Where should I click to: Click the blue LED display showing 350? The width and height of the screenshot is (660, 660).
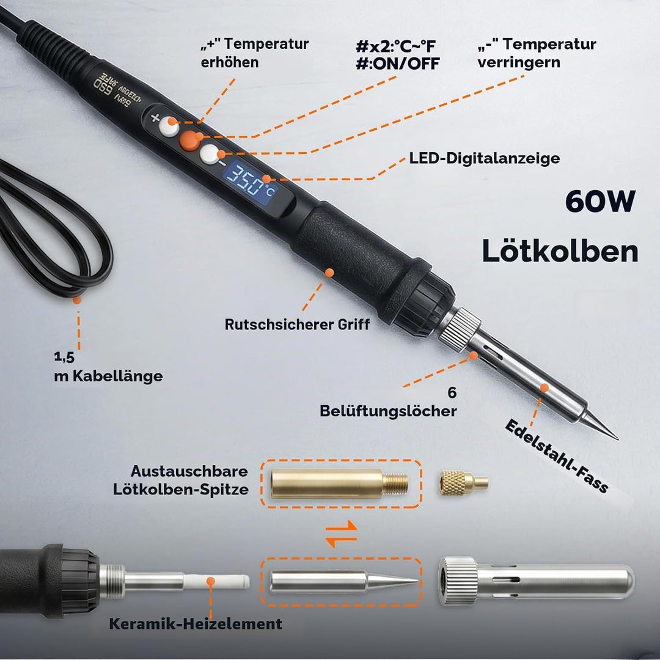click(x=249, y=184)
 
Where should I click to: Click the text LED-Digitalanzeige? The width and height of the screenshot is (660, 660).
click(x=485, y=158)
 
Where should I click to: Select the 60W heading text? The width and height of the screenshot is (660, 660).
click(x=600, y=202)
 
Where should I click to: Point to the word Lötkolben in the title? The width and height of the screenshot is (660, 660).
click(x=560, y=251)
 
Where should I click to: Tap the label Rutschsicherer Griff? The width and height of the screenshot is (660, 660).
click(x=297, y=324)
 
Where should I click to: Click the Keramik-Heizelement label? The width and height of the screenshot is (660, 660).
click(x=196, y=624)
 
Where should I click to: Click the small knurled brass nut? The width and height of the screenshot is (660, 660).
click(x=463, y=483)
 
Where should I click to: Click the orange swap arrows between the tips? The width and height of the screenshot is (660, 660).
click(x=342, y=533)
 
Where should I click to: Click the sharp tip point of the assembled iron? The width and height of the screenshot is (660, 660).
click(x=618, y=439)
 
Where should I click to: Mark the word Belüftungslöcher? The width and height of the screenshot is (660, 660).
click(x=388, y=411)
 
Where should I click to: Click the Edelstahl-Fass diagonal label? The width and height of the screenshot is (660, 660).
click(x=557, y=456)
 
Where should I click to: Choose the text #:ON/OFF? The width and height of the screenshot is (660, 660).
click(x=397, y=64)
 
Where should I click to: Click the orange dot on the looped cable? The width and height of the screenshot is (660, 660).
click(x=76, y=300)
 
